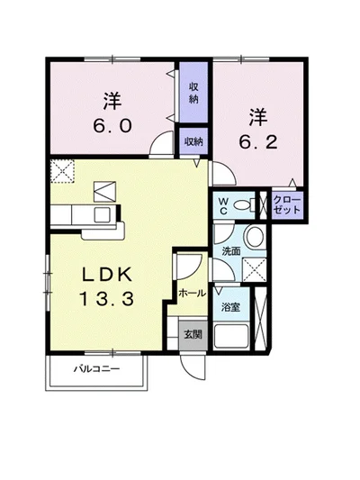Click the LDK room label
(107, 274)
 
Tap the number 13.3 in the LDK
(107, 299)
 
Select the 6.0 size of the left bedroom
(112, 125)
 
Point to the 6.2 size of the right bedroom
(258, 142)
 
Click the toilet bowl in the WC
(244, 204)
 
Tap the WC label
(223, 205)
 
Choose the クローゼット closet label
(286, 205)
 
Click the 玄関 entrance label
(193, 334)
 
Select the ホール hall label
(192, 293)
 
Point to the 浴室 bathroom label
(230, 307)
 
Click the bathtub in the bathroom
(231, 336)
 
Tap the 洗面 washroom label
(231, 251)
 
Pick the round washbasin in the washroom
(255, 237)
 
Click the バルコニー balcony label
(96, 368)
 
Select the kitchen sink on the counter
(103, 214)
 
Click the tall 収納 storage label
(193, 93)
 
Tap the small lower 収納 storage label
(193, 141)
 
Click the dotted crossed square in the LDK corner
(62, 171)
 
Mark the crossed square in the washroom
(254, 269)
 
